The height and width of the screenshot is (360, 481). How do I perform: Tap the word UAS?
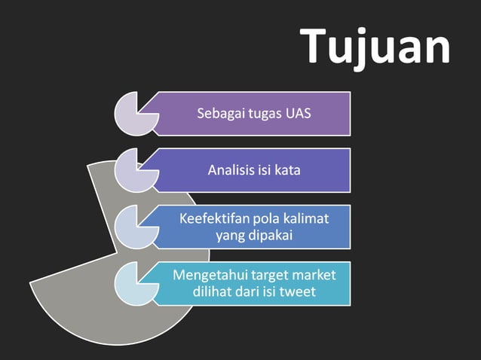click(x=298, y=114)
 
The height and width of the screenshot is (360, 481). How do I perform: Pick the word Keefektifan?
click(x=210, y=219)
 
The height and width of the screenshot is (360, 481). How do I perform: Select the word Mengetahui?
click(x=207, y=274)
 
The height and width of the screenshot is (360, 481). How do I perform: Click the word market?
click(x=312, y=274)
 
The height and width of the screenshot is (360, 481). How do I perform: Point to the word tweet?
click(x=299, y=292)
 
